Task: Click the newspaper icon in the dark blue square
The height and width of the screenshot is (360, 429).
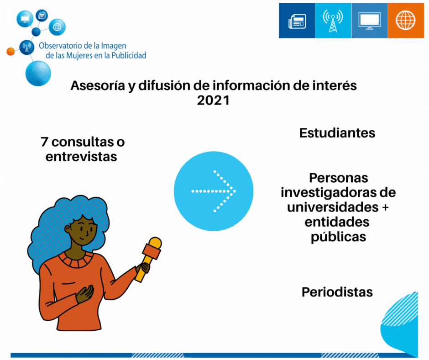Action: (x=297, y=21)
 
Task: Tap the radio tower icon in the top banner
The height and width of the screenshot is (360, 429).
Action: (x=333, y=21)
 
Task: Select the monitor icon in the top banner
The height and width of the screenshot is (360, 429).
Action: (x=370, y=21)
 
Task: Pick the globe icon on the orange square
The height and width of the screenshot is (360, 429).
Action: (x=405, y=20)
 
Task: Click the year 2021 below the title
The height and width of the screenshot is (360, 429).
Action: (x=214, y=100)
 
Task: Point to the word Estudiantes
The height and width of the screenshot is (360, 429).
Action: (x=337, y=133)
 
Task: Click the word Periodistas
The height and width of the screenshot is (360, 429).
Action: (x=337, y=292)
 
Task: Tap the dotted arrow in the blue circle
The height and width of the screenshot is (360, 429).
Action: (x=214, y=191)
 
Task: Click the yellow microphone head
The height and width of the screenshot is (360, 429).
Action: (x=155, y=243)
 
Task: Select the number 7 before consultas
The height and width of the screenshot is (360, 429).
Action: (x=45, y=142)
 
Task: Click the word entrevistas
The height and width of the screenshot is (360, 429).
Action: (x=81, y=157)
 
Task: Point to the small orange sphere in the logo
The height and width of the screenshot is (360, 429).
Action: (x=10, y=51)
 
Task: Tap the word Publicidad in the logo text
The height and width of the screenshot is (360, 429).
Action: (x=129, y=55)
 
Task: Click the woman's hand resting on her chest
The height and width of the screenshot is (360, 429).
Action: (x=84, y=294)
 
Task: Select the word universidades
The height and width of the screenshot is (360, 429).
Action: (x=333, y=207)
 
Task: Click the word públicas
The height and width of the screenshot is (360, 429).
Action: (x=339, y=237)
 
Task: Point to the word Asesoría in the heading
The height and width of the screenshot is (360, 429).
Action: (x=98, y=85)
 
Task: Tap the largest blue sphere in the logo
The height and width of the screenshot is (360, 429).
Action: (x=38, y=74)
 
